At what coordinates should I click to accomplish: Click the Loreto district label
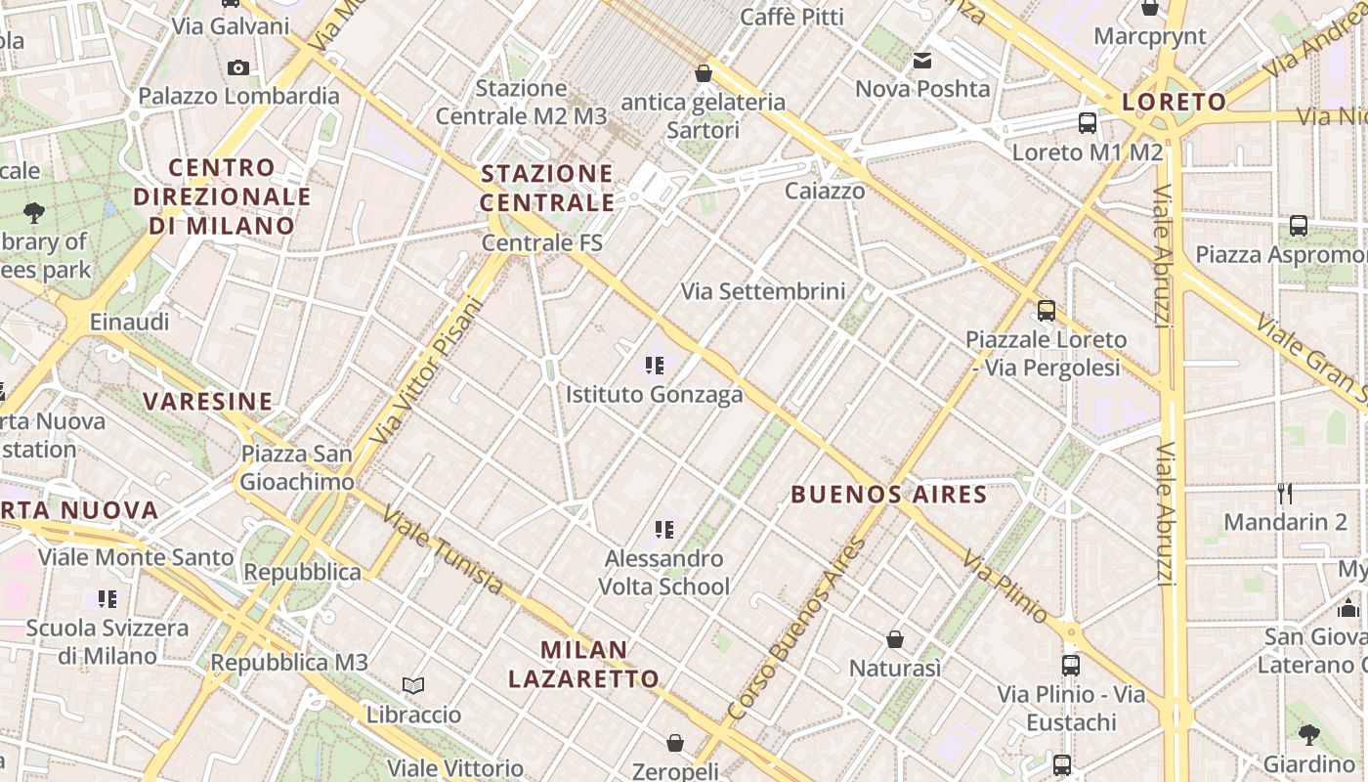pos(1160,102)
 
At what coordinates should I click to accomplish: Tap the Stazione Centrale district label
pos(547,188)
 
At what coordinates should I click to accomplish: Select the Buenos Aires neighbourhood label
pos(888,494)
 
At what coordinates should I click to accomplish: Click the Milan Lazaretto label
pos(584,664)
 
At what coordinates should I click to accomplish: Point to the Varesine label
pos(208,401)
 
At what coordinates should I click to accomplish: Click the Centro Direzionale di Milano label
pos(222,196)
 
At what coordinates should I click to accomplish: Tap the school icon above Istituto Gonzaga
pos(654,366)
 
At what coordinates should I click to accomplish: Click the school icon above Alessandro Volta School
pos(663,530)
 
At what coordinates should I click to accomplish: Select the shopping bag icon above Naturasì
pos(894,639)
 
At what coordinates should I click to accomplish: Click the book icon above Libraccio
pos(413,686)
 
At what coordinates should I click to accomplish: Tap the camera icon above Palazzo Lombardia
pos(237,67)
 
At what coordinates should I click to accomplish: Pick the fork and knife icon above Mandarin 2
pos(1285,493)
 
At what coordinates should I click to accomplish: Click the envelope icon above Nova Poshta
pos(921,61)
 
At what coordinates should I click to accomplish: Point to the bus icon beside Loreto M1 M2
pos(1087,123)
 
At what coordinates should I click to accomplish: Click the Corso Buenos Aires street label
pos(796,630)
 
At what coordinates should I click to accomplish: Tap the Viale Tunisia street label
pos(443,549)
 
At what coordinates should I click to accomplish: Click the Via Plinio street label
pos(1005,586)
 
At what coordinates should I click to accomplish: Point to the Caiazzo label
pos(825,190)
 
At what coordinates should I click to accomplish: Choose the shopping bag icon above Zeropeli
pos(674,743)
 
